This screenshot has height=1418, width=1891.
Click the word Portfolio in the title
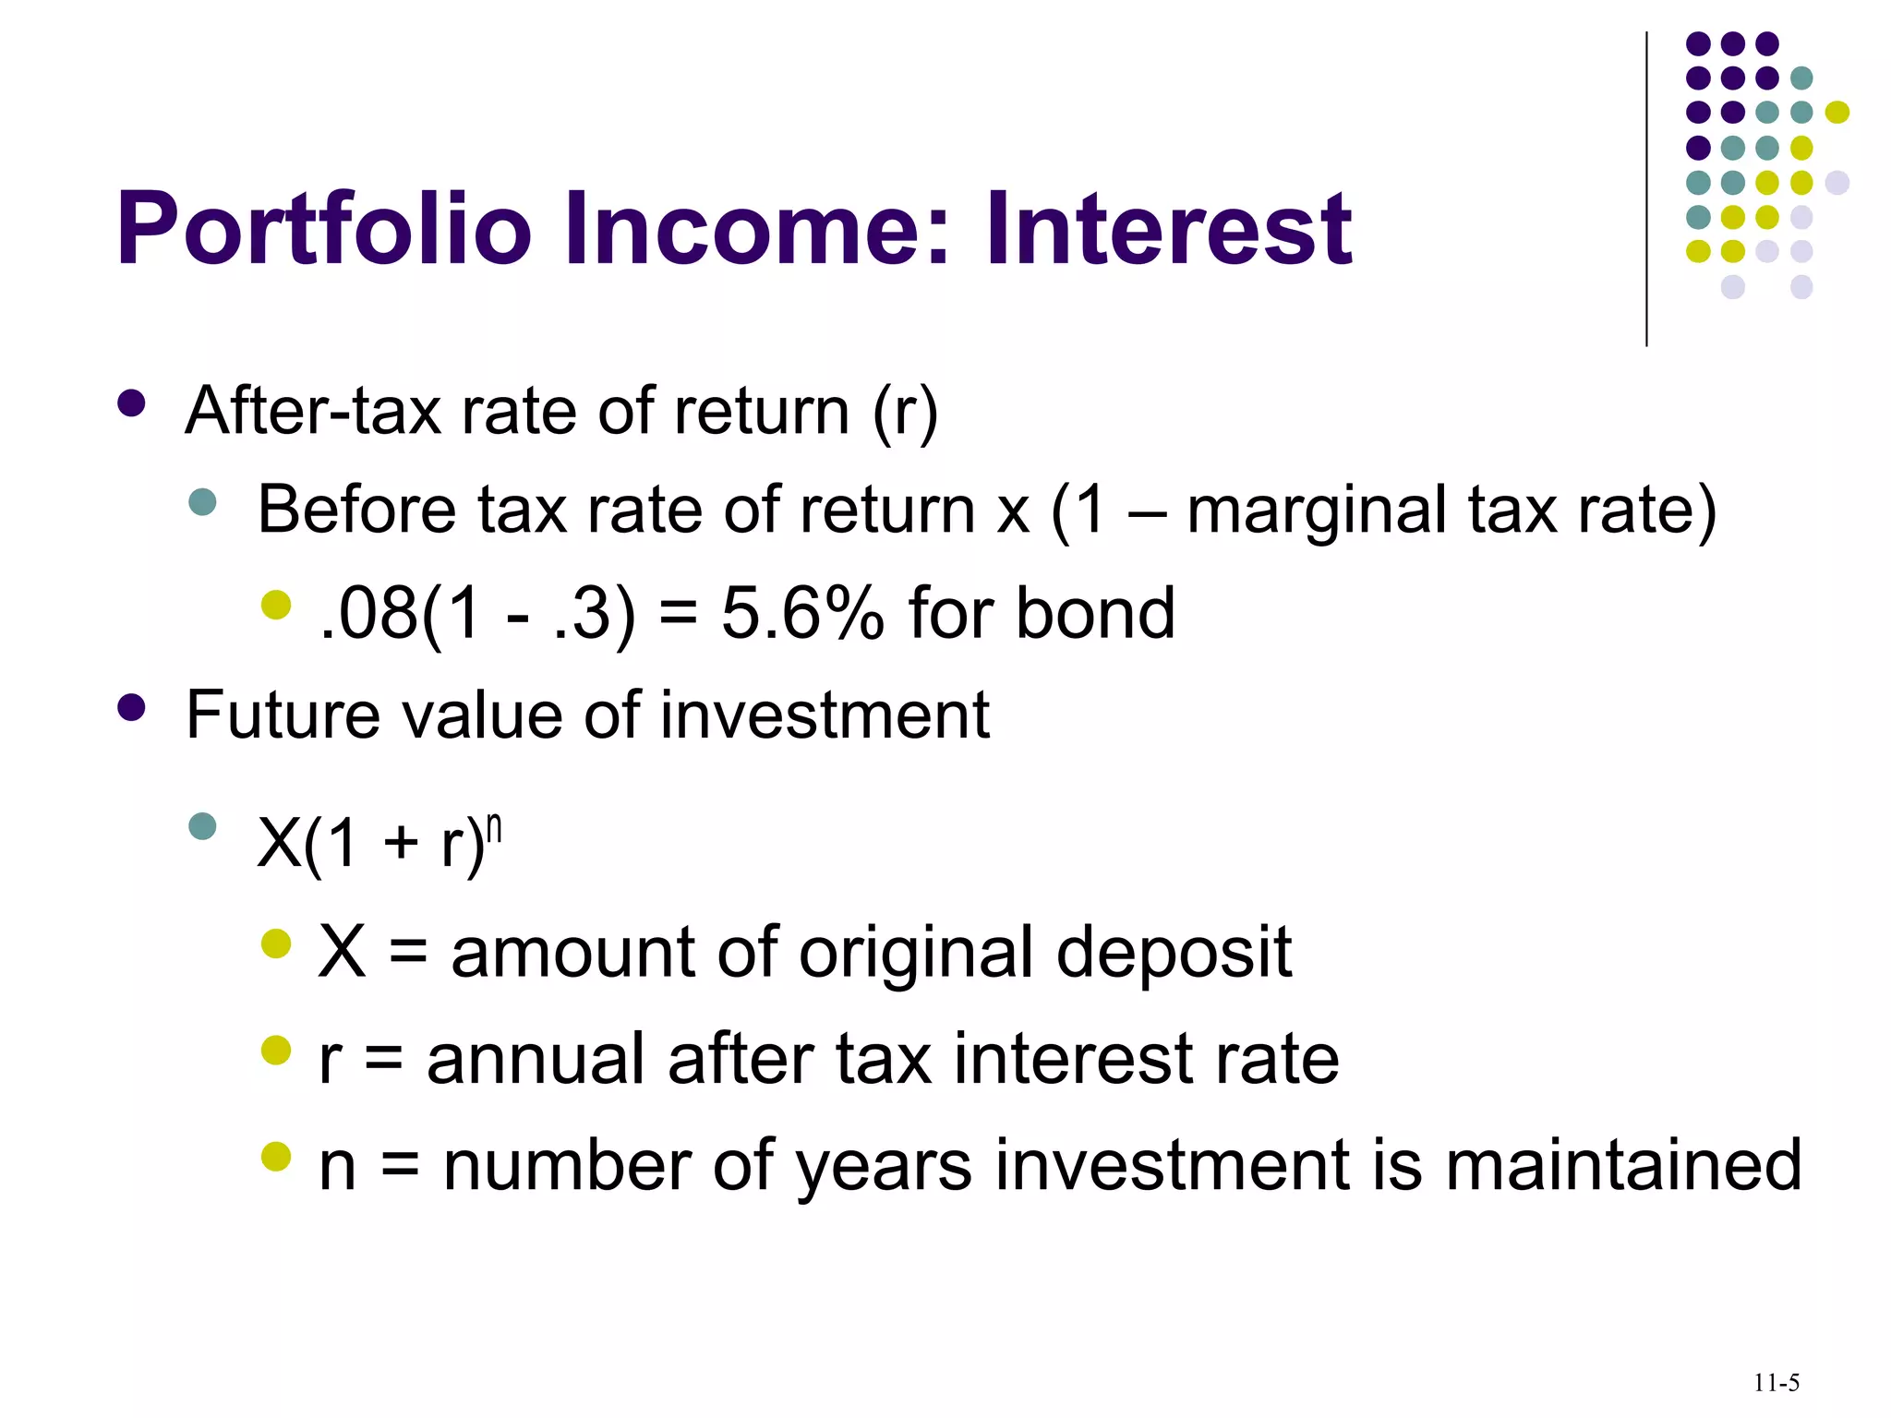click(x=323, y=229)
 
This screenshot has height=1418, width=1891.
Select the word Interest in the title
click(x=1168, y=229)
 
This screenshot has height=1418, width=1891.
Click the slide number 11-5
click(x=1777, y=1383)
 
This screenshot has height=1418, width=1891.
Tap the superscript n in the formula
click(x=494, y=828)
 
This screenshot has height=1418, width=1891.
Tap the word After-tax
click(x=313, y=411)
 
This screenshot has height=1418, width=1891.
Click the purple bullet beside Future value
click(x=132, y=707)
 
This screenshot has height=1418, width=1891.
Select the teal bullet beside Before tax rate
click(x=202, y=502)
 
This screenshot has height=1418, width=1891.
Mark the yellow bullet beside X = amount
click(x=275, y=943)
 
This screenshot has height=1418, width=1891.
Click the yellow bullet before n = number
click(x=275, y=1156)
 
